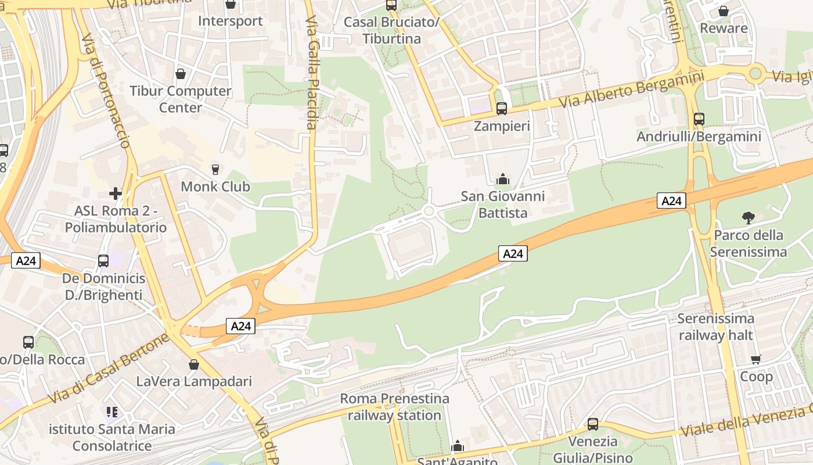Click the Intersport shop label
[x=230, y=21]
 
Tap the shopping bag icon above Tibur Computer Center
[x=181, y=74]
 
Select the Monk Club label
[x=215, y=187]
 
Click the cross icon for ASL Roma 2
[x=116, y=193]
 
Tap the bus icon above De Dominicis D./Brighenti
[x=103, y=260]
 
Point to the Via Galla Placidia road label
[x=312, y=73]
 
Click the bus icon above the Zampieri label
[x=502, y=108]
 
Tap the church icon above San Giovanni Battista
[x=503, y=179]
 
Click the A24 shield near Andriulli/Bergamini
[x=672, y=201]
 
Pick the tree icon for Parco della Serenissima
[x=748, y=218]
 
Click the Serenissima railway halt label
[x=715, y=327]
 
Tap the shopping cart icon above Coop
[x=756, y=359]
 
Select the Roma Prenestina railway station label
[x=394, y=407]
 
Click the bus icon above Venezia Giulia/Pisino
[x=592, y=424]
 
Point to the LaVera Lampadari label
[x=194, y=382]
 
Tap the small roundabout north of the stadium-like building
[x=429, y=211]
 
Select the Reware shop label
[x=724, y=28]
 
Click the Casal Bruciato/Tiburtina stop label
[x=391, y=30]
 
